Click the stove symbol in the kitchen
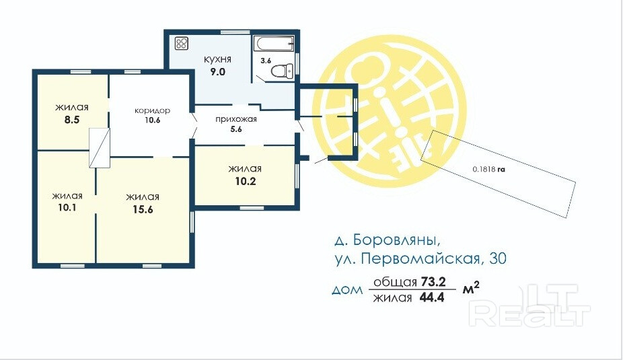(x=182, y=43)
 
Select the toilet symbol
(x=283, y=71)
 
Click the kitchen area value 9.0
(x=217, y=72)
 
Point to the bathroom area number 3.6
(x=266, y=61)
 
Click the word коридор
(x=152, y=110)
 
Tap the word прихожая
(x=236, y=119)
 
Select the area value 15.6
(x=143, y=209)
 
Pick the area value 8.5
(x=72, y=120)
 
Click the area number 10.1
(x=67, y=207)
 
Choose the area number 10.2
(x=246, y=181)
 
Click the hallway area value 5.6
(x=236, y=129)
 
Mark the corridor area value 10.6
(x=152, y=120)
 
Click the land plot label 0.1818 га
(x=488, y=169)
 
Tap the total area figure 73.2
(x=433, y=282)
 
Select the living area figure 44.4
(x=432, y=297)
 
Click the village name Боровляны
(x=396, y=240)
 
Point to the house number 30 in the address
(x=498, y=258)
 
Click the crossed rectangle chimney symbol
(x=100, y=148)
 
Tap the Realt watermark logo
(x=529, y=305)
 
